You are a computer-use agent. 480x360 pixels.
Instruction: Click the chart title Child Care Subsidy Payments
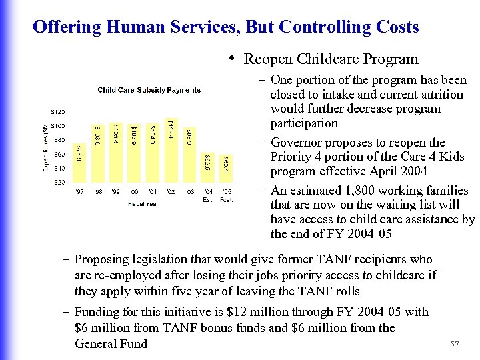pos(149,90)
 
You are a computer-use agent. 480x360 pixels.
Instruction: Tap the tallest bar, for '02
pos(171,150)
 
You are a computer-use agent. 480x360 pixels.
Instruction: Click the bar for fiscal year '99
pos(116,153)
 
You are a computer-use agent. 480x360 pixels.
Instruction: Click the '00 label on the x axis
pos(134,192)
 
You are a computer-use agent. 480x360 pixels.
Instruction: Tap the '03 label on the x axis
pos(189,192)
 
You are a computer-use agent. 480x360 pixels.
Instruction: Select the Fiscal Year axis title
pos(143,203)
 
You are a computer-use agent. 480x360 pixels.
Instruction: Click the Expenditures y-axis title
pos(46,147)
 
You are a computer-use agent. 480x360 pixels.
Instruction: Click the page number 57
pos(455,345)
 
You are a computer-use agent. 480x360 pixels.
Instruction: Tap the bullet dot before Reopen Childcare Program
pos(231,57)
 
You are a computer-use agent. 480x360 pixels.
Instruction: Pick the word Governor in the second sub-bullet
pos(296,143)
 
